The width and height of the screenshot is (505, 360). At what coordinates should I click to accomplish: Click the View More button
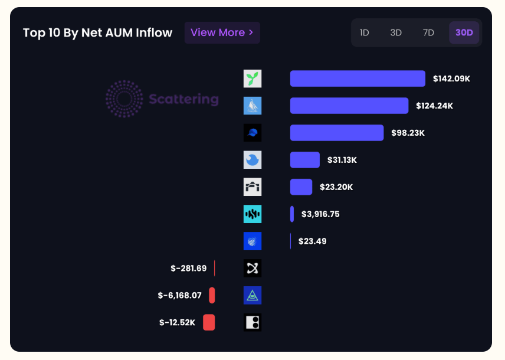point(222,32)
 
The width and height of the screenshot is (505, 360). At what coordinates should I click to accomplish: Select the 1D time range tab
point(364,32)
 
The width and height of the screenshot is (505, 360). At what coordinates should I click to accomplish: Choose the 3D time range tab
point(396,32)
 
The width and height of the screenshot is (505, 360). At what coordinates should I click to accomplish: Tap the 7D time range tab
point(428,32)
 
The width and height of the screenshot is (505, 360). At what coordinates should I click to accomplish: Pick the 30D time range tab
point(464,32)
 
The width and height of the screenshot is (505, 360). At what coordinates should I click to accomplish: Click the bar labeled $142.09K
point(358,78)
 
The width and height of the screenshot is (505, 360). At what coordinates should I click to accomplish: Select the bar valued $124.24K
point(349,106)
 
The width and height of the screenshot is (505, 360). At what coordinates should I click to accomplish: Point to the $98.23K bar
point(336,133)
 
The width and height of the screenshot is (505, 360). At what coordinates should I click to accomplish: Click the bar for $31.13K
point(304,160)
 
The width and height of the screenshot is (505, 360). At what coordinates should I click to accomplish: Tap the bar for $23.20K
point(301,187)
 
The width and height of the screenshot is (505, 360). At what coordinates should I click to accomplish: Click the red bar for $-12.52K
point(209,322)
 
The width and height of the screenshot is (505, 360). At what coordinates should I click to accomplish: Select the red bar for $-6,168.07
point(212,295)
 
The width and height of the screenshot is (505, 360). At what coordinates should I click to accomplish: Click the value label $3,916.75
point(320,214)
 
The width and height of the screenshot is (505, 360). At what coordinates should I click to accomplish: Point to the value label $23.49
point(312,241)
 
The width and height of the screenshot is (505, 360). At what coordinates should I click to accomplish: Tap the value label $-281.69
point(189,269)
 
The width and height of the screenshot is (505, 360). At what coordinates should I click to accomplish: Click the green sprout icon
point(252,78)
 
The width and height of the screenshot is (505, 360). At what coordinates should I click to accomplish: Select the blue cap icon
point(252,133)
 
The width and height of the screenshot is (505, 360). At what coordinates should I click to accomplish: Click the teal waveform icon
point(252,214)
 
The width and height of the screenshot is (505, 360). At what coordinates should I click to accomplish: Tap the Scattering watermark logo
point(162,99)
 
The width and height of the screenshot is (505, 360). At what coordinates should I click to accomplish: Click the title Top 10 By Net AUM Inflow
point(98,32)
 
